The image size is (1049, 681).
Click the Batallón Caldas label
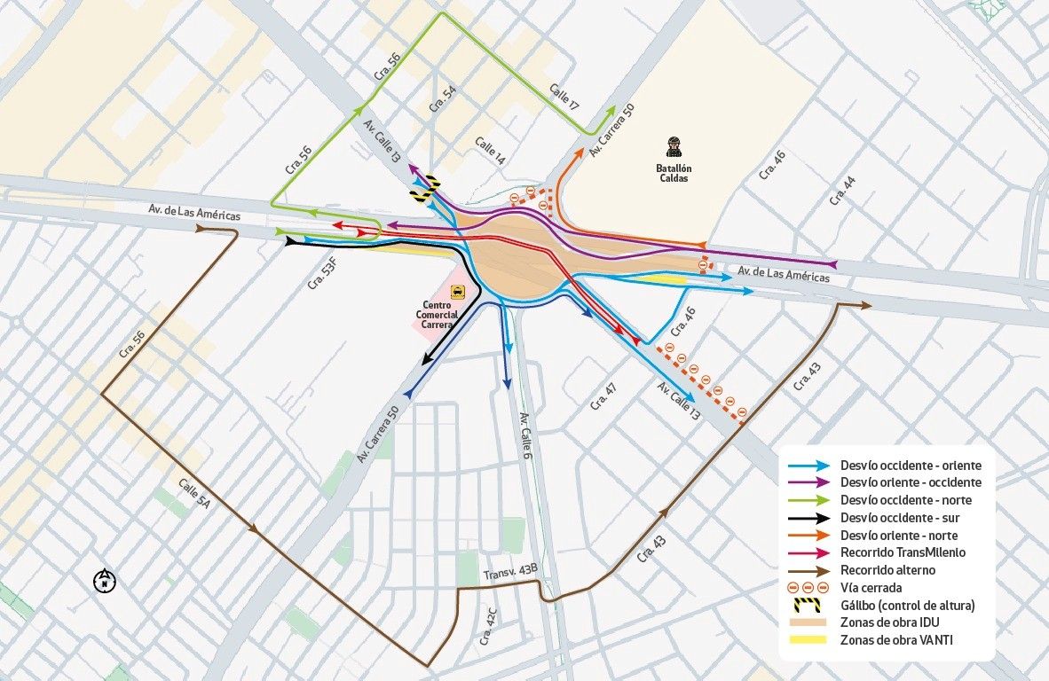click(x=674, y=173)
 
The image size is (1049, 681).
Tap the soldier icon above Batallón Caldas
click(x=674, y=147)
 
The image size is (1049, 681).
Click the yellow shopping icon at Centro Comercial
click(x=458, y=291)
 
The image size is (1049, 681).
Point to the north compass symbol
click(x=105, y=582)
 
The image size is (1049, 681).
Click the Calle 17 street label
click(x=564, y=98)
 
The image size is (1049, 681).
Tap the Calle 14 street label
click(x=490, y=152)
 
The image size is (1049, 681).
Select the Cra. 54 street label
click(x=437, y=98)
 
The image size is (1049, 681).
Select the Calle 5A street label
click(x=194, y=493)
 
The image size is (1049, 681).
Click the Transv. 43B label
click(x=510, y=574)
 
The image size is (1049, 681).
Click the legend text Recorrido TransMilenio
click(x=903, y=552)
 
